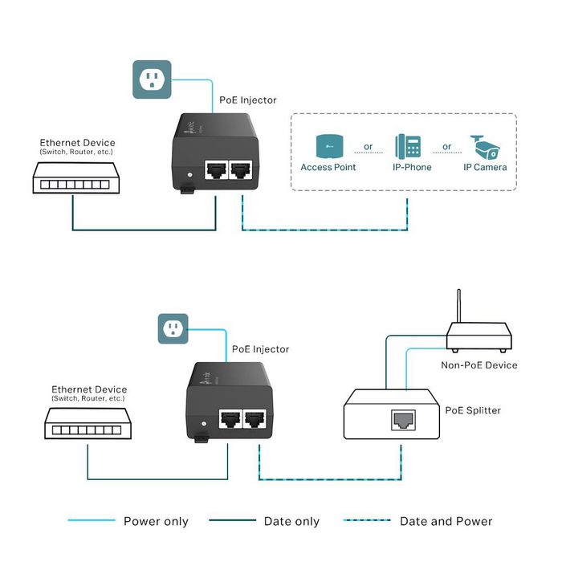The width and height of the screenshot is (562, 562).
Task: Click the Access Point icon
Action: coord(328,146)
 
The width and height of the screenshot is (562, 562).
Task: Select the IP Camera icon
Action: coord(485,145)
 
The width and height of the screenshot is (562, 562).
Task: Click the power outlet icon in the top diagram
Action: coord(153,79)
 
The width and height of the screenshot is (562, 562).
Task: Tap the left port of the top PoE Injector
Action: coord(216,170)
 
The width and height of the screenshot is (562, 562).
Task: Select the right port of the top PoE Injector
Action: coord(241,170)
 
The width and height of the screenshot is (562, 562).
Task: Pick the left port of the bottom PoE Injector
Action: coord(230,419)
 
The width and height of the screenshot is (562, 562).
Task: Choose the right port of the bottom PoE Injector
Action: coord(255,419)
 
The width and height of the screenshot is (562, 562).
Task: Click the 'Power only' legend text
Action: coord(156,522)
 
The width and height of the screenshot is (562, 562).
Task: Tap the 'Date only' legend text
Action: coord(291,522)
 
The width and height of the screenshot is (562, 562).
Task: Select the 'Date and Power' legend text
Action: coord(446,522)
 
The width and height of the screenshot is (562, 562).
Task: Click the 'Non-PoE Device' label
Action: coord(479,365)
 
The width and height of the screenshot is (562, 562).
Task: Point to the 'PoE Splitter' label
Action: coord(473,410)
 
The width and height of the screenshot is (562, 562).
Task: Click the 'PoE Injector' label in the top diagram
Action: coord(248,100)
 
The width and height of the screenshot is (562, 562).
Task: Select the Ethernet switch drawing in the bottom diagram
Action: coord(88,425)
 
